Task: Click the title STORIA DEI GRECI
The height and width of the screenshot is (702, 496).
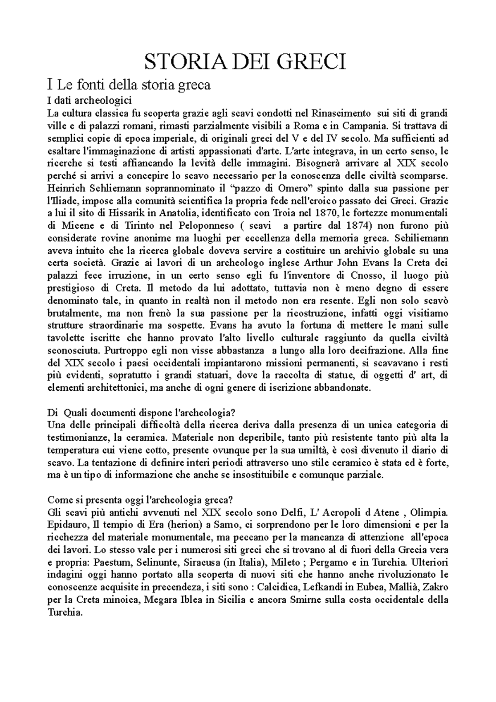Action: (x=244, y=63)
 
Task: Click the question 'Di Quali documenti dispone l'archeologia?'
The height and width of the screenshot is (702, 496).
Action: (x=141, y=412)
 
